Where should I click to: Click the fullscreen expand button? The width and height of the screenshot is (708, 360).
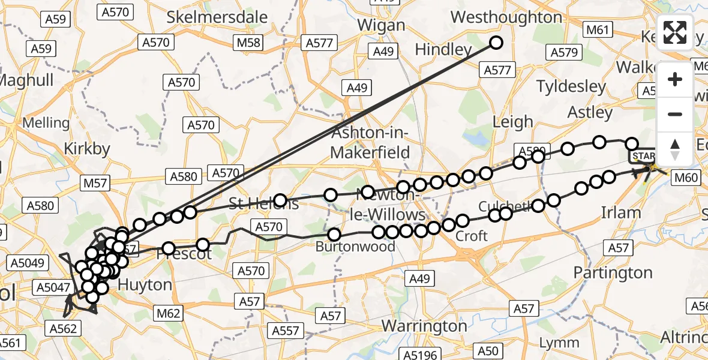pyautogui.click(x=675, y=32)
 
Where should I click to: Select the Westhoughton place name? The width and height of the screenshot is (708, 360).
pyautogui.click(x=506, y=17)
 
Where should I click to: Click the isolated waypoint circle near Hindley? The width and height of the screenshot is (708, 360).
pyautogui.click(x=496, y=42)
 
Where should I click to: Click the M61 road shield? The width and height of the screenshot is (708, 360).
pyautogui.click(x=598, y=30)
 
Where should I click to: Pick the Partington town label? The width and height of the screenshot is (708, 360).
pyautogui.click(x=613, y=273)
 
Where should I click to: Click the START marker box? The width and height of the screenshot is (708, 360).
pyautogui.click(x=643, y=157)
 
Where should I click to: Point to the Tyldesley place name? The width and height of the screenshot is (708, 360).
pyautogui.click(x=571, y=86)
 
